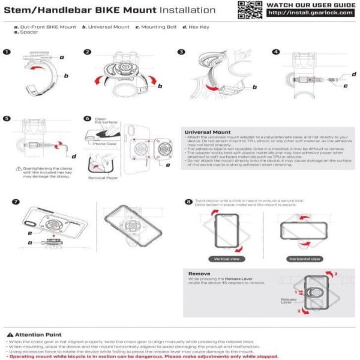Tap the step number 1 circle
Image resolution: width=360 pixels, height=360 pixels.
pos(7,52)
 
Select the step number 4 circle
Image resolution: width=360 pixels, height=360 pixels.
pos(276,52)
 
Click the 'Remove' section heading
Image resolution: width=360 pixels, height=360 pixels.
pos(199,273)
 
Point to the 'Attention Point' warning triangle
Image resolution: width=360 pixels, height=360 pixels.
pos(10,334)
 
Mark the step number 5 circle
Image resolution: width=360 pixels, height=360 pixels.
pos(7,119)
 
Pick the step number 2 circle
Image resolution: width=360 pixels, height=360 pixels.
pos(88,52)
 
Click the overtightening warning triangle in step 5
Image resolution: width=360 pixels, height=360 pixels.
pos(19,169)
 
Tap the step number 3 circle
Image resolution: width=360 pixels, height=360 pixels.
pos(181,52)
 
